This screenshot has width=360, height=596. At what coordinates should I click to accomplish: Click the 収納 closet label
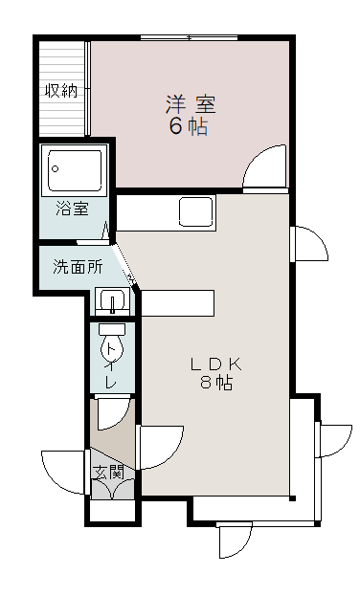click(61, 92)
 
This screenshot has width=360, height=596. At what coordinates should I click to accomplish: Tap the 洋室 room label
click(189, 103)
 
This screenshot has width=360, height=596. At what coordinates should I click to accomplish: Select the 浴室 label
click(72, 208)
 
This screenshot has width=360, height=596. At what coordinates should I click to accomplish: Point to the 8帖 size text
click(215, 384)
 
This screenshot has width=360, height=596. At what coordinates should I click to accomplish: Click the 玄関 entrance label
click(109, 472)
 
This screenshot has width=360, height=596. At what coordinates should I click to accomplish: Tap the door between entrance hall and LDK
click(158, 447)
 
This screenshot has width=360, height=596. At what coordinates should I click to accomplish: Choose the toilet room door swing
click(110, 411)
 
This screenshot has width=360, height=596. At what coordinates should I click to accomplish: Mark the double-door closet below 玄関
click(113, 490)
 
